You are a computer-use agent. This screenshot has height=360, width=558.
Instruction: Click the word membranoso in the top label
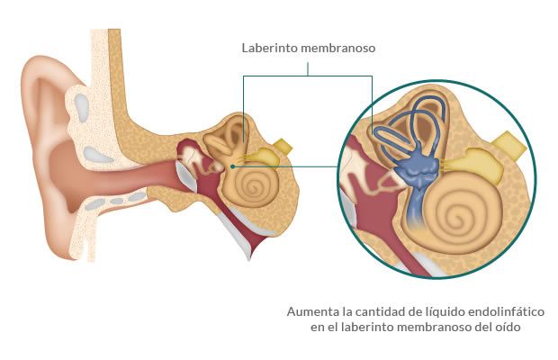333,48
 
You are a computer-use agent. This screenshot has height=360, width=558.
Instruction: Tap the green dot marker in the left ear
232,166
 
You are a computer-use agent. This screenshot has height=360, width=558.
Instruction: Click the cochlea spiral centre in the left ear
254,185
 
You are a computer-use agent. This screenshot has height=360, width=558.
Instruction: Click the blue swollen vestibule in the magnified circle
417,168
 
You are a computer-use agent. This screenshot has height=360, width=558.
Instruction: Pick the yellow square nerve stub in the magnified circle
509,144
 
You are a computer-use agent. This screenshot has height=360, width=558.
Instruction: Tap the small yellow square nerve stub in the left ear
283,146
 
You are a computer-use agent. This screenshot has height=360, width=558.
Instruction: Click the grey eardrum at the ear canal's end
188,175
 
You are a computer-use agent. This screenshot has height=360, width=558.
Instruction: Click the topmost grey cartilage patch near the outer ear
82,108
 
